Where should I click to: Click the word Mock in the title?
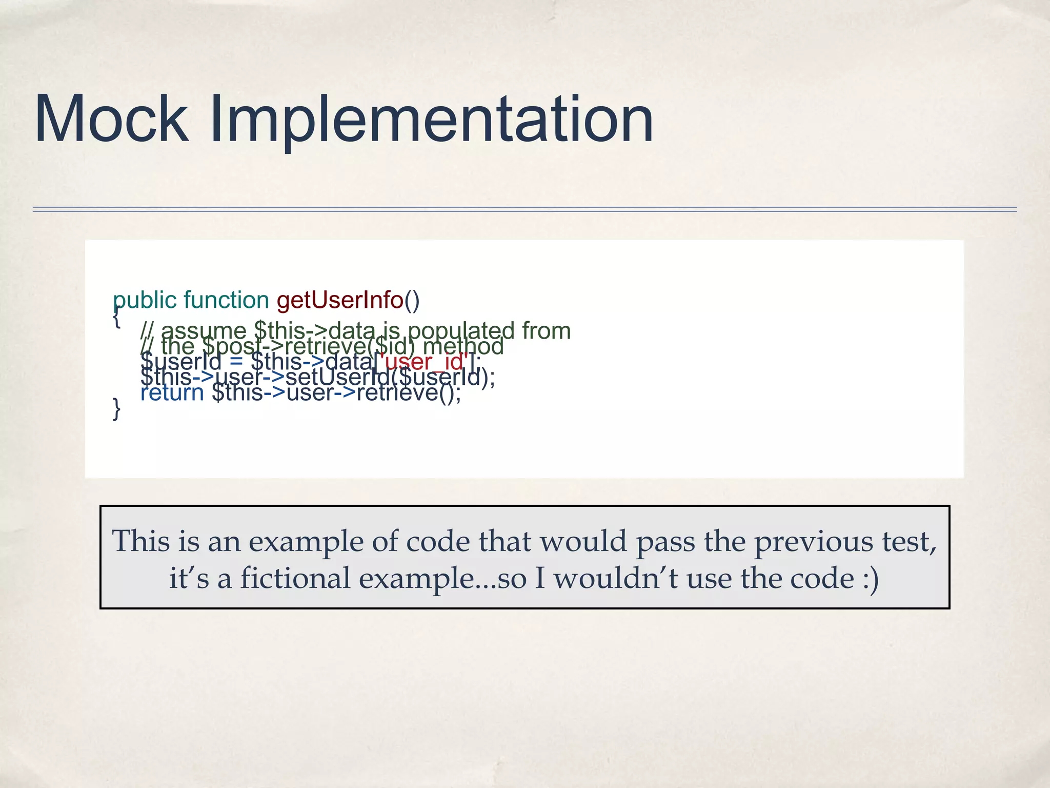(111, 119)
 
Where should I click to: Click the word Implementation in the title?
(432, 119)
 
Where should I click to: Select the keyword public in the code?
(145, 300)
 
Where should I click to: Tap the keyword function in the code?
(226, 300)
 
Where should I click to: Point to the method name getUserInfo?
(340, 300)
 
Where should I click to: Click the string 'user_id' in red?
(424, 362)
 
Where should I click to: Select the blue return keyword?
(172, 393)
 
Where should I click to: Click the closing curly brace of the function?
(117, 409)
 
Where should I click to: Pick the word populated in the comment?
(461, 331)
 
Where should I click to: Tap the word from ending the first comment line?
(546, 331)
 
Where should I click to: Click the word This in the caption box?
(140, 541)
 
